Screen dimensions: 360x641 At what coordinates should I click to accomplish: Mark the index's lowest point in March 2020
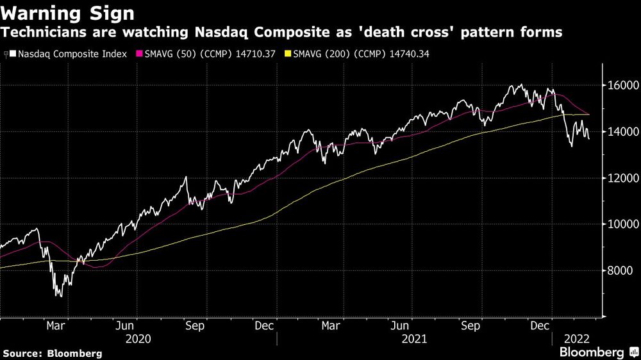coord(60,295)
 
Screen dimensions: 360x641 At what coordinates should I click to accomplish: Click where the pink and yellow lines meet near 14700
coord(588,114)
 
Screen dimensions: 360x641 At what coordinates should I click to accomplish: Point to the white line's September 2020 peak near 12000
coord(186,177)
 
